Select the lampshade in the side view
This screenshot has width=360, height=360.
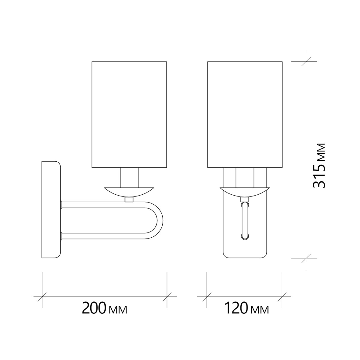tap(129, 115)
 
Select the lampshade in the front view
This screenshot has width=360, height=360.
tap(245, 115)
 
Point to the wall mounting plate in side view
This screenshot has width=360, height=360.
tap(51, 210)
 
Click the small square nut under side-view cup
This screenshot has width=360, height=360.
tap(129, 199)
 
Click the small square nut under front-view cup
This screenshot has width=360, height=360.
tap(245, 199)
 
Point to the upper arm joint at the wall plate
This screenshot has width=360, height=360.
tap(61, 205)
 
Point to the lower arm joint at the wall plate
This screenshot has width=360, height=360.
tap(61, 236)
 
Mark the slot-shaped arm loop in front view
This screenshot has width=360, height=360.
tap(245, 220)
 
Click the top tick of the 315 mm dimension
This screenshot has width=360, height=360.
tap(306, 62)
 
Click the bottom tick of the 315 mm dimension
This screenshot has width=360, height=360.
tap(306, 258)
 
